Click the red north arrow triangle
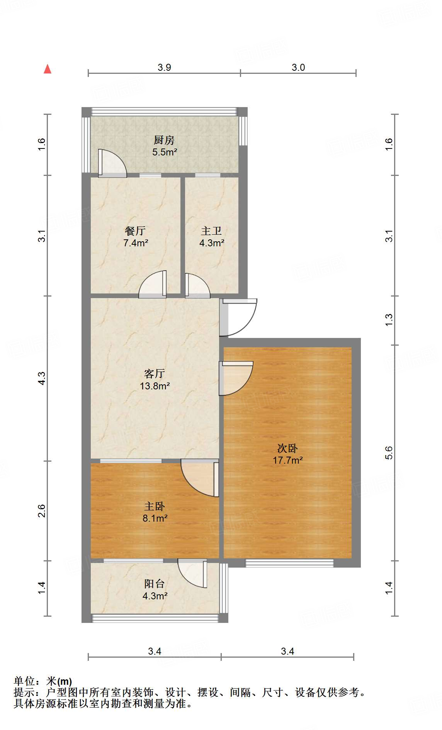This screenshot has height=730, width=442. coord(48,69)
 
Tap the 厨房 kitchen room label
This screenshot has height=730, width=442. coord(164,140)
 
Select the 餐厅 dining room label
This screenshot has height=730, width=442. coord(135,231)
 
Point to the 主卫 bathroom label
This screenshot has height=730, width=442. coord(211,231)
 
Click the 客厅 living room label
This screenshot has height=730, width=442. coord(155,374)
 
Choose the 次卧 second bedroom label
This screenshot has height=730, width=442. coord(287,448)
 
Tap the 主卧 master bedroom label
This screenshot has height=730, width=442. coord(155,506)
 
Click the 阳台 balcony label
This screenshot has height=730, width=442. coord(155,584)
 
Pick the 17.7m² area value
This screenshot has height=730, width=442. coord(287,460)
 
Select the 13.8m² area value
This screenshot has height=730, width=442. coord(155,385)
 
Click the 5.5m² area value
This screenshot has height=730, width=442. coord(164,152)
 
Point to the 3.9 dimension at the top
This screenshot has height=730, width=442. coord(164,68)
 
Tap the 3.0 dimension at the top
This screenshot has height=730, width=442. coord(298,68)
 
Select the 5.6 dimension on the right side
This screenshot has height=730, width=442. coord(389,452)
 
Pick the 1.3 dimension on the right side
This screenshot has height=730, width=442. coord(389,319)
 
